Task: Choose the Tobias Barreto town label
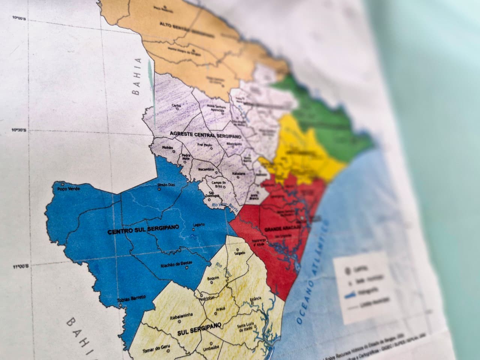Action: [131, 299]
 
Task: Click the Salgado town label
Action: [239, 253]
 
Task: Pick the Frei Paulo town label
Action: [205, 144]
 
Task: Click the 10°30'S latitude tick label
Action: [19, 130]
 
